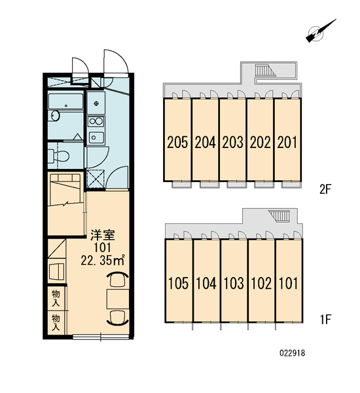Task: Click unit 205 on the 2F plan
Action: tap(177, 140)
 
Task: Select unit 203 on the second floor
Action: tap(232, 140)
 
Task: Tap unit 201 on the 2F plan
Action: tap(287, 140)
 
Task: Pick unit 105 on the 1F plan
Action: tap(179, 281)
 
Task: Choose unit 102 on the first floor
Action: tap(261, 281)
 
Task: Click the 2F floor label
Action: tap(325, 189)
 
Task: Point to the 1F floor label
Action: tap(325, 320)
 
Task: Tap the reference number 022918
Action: tap(292, 353)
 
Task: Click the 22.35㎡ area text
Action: tap(103, 261)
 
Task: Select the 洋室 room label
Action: tap(103, 235)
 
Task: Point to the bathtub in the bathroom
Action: tap(65, 102)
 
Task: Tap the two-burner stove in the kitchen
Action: tap(96, 122)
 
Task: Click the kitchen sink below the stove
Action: tap(96, 138)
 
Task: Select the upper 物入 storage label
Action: tap(56, 298)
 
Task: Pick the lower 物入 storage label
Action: tap(56, 323)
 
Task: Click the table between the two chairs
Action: tap(118, 299)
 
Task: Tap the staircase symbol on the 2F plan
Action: tap(265, 70)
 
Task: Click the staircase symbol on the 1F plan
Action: tap(279, 215)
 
